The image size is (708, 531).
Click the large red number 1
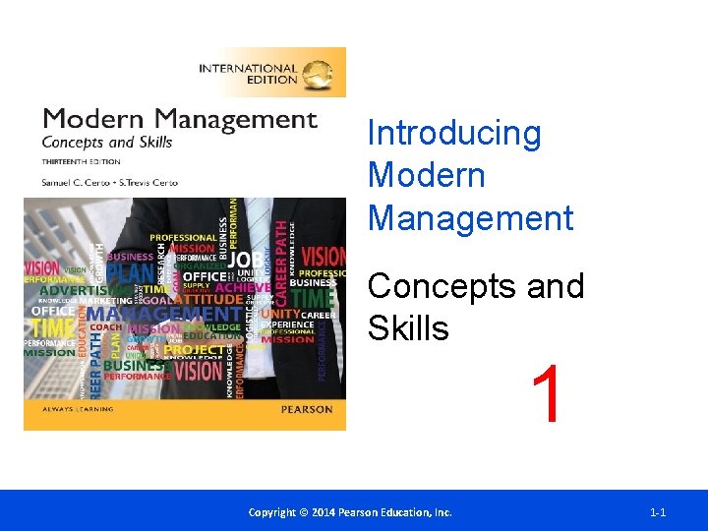click(x=549, y=396)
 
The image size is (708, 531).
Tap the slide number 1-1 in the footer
click(x=658, y=512)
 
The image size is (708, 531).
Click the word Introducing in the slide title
click(x=453, y=133)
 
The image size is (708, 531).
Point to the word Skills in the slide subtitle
click(x=408, y=328)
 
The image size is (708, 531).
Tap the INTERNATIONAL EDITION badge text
click(x=248, y=74)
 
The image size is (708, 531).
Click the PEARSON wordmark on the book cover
click(x=306, y=409)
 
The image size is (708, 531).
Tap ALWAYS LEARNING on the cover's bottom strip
click(x=78, y=409)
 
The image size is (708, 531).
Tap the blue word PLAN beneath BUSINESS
click(x=129, y=270)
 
